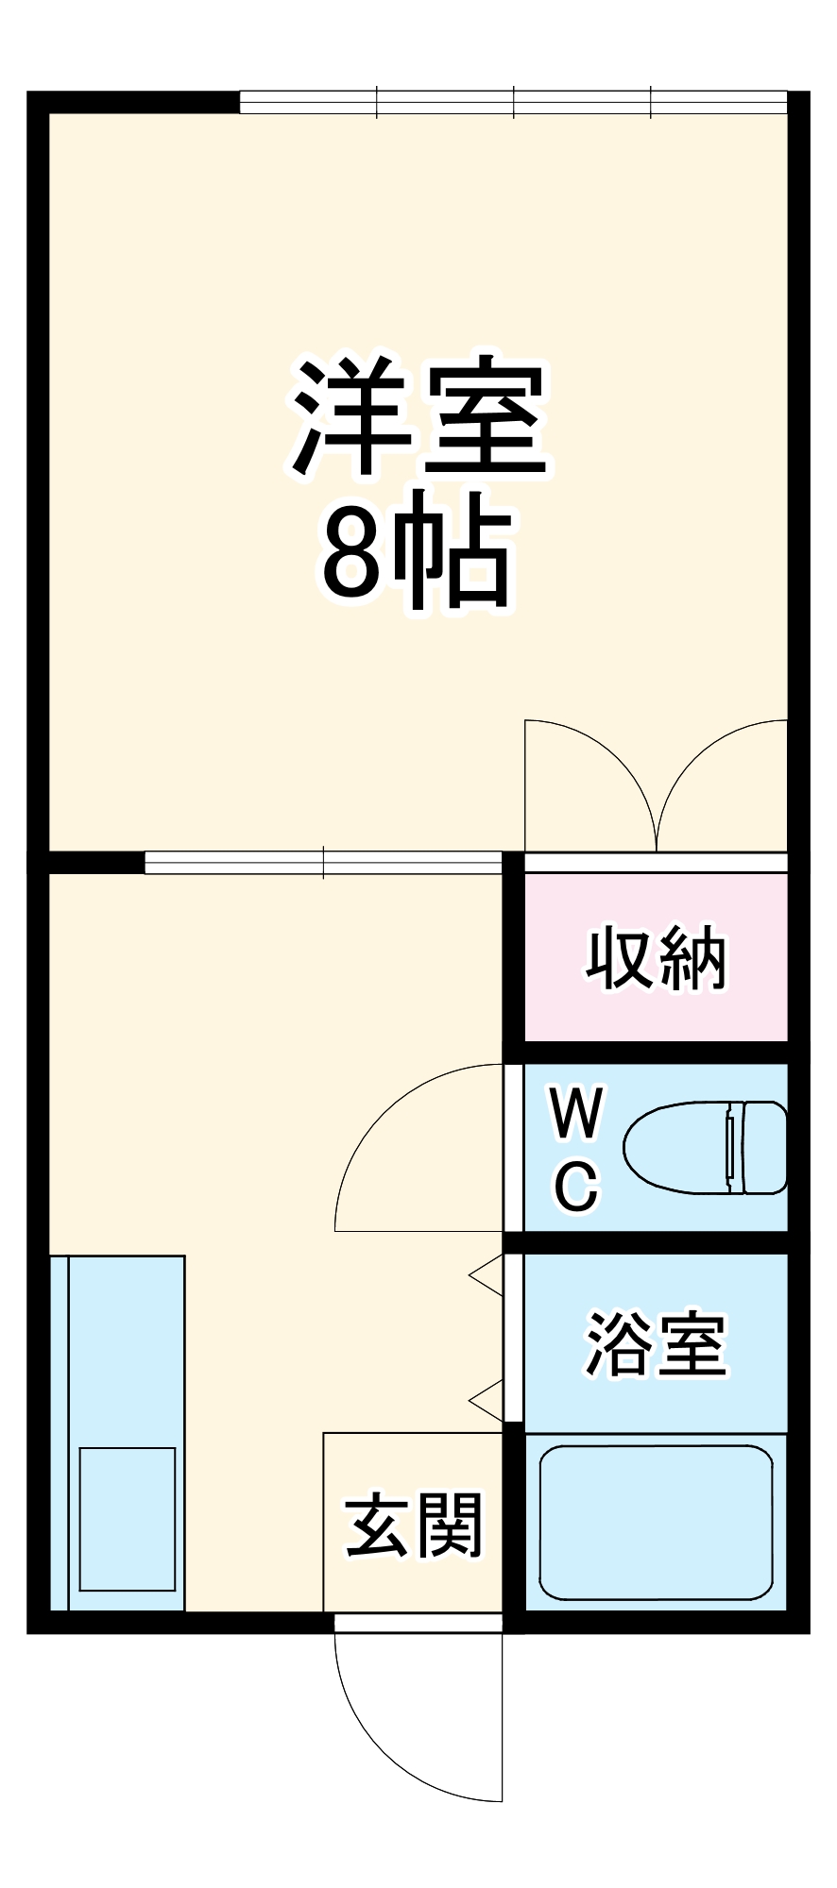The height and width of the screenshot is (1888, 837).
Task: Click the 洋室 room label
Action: (419, 417)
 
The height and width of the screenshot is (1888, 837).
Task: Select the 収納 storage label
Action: (656, 959)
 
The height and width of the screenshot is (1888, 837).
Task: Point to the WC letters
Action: (576, 1148)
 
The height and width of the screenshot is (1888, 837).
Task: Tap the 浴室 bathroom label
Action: (656, 1343)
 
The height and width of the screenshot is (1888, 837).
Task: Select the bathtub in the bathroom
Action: (656, 1522)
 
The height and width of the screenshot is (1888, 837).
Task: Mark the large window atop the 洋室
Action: (513, 102)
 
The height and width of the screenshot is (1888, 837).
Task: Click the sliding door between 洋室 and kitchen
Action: (323, 863)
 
